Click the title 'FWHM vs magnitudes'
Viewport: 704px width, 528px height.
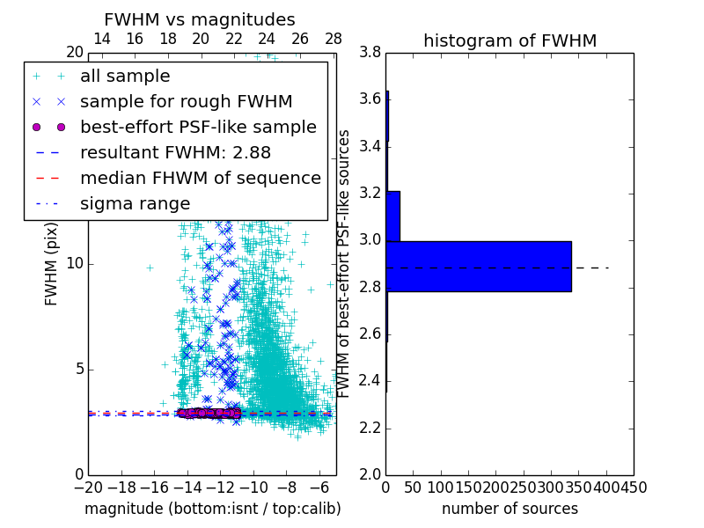click(x=200, y=19)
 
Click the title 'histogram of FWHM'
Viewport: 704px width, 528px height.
click(x=510, y=40)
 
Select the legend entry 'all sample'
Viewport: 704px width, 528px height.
click(x=125, y=76)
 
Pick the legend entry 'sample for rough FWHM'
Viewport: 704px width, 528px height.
click(x=186, y=101)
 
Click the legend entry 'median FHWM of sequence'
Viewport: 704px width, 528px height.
click(x=200, y=178)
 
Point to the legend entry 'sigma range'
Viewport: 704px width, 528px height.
click(x=135, y=203)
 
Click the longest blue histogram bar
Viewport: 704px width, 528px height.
click(x=479, y=266)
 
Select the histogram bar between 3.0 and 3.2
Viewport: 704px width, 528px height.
click(x=392, y=216)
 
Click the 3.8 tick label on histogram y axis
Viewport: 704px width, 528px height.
click(x=370, y=52)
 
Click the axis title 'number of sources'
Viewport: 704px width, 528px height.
click(x=510, y=509)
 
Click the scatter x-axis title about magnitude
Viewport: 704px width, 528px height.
click(x=212, y=509)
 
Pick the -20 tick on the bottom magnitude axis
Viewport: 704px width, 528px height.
click(x=88, y=487)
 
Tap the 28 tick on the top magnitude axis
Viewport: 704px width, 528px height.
click(x=334, y=39)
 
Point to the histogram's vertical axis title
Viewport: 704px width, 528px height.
click(x=345, y=263)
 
